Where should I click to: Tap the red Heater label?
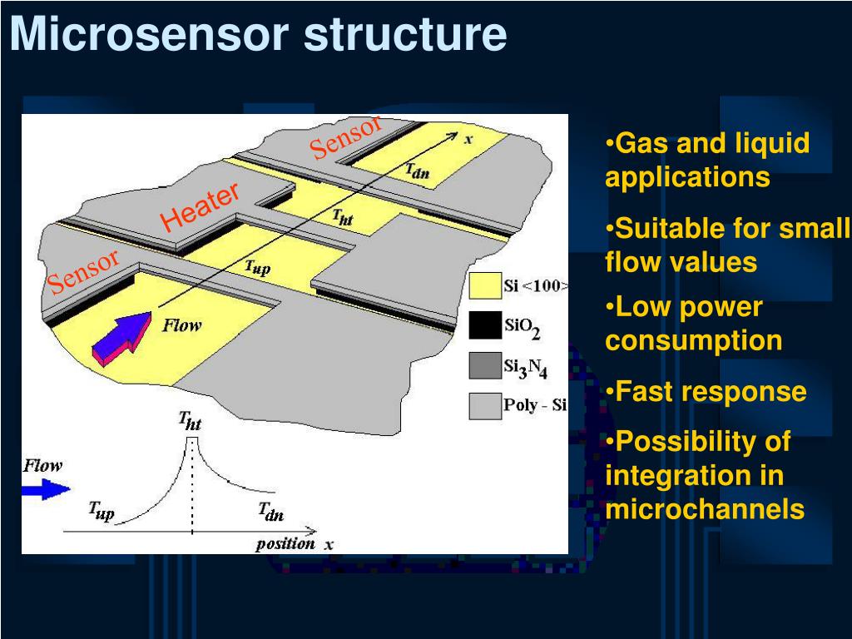click(201, 207)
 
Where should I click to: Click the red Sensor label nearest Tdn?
click(345, 137)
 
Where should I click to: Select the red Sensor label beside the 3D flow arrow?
click(83, 271)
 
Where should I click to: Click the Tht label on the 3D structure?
click(342, 217)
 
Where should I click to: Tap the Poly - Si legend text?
click(535, 406)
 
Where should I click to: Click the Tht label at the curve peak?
click(190, 422)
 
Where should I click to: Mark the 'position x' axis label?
click(294, 544)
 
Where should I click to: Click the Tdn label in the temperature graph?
click(270, 513)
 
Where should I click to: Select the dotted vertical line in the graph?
click(192, 491)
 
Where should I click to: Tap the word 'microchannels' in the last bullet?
click(705, 509)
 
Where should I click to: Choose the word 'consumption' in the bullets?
click(694, 340)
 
